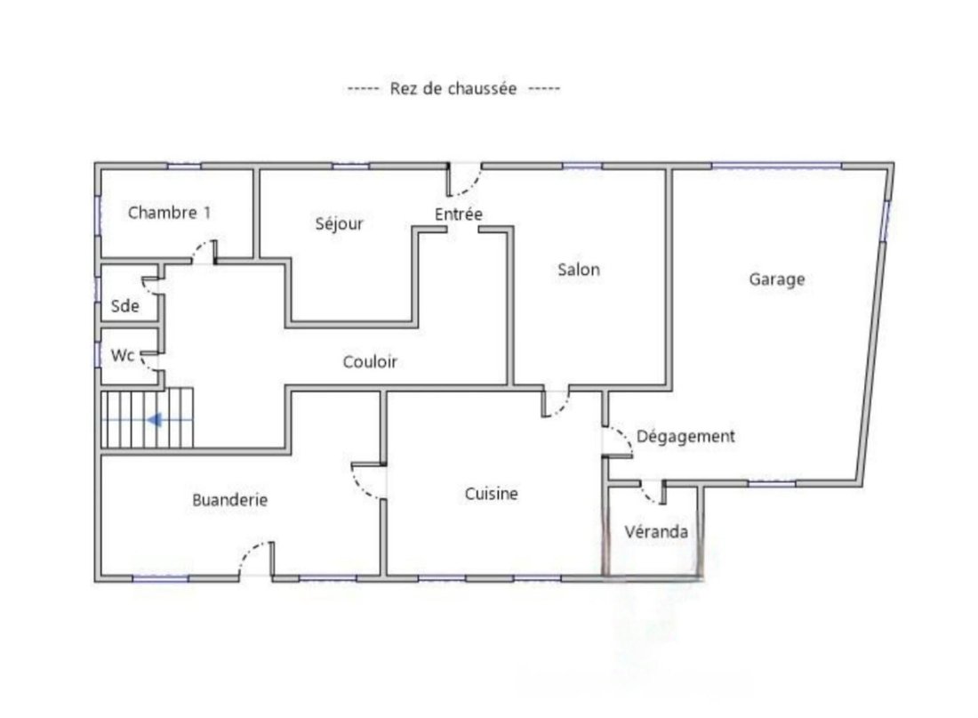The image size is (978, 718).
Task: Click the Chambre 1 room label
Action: (x=169, y=213)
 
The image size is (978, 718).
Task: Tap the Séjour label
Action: (x=339, y=223)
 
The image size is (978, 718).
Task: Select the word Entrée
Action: (x=459, y=214)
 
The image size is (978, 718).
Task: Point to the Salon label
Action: (x=579, y=270)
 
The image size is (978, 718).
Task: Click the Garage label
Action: (x=776, y=279)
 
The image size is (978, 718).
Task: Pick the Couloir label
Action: (x=370, y=361)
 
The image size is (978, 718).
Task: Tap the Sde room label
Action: (x=124, y=306)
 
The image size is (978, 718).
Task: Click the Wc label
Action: (x=123, y=355)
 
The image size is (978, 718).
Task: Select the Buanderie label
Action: (x=229, y=500)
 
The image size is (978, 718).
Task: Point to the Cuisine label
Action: (x=491, y=494)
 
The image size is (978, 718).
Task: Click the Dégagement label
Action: (x=685, y=437)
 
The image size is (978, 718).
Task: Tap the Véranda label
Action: (x=656, y=532)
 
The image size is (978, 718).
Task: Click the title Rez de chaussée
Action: (x=453, y=89)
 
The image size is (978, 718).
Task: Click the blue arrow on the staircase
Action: (x=154, y=420)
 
